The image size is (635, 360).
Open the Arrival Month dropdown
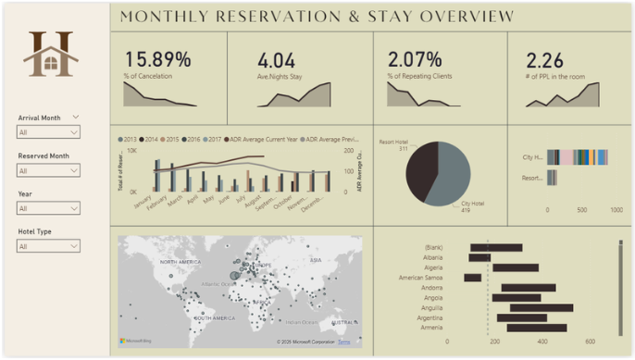pos(48,132)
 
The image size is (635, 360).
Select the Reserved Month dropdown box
pos(48,170)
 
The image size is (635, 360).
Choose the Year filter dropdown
pos(48,208)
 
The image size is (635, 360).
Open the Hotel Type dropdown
pos(48,246)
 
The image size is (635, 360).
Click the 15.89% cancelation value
pos(157,60)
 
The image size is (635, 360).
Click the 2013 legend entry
pos(130,139)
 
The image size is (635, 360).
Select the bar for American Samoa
pos(472,277)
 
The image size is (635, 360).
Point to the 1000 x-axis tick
pos(616,210)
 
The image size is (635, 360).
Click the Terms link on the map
pos(344,342)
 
